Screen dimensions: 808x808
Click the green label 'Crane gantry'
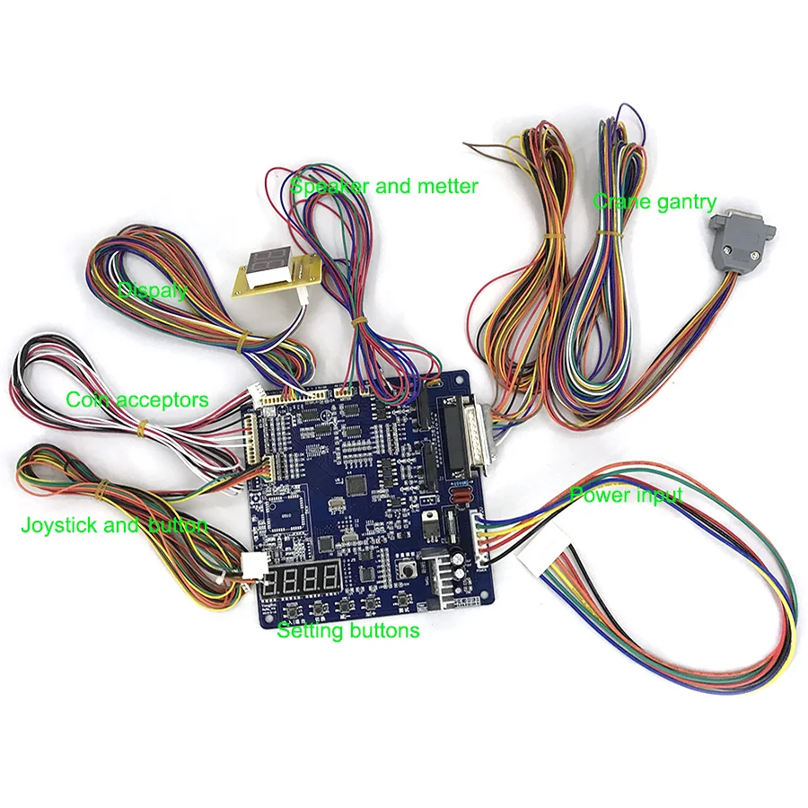[654, 202]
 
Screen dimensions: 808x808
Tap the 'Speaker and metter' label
[384, 186]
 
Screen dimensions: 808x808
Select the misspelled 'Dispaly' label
[153, 290]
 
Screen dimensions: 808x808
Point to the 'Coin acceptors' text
[137, 400]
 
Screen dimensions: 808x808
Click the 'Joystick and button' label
[114, 525]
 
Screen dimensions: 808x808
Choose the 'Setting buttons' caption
[347, 630]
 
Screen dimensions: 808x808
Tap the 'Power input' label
[626, 495]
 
